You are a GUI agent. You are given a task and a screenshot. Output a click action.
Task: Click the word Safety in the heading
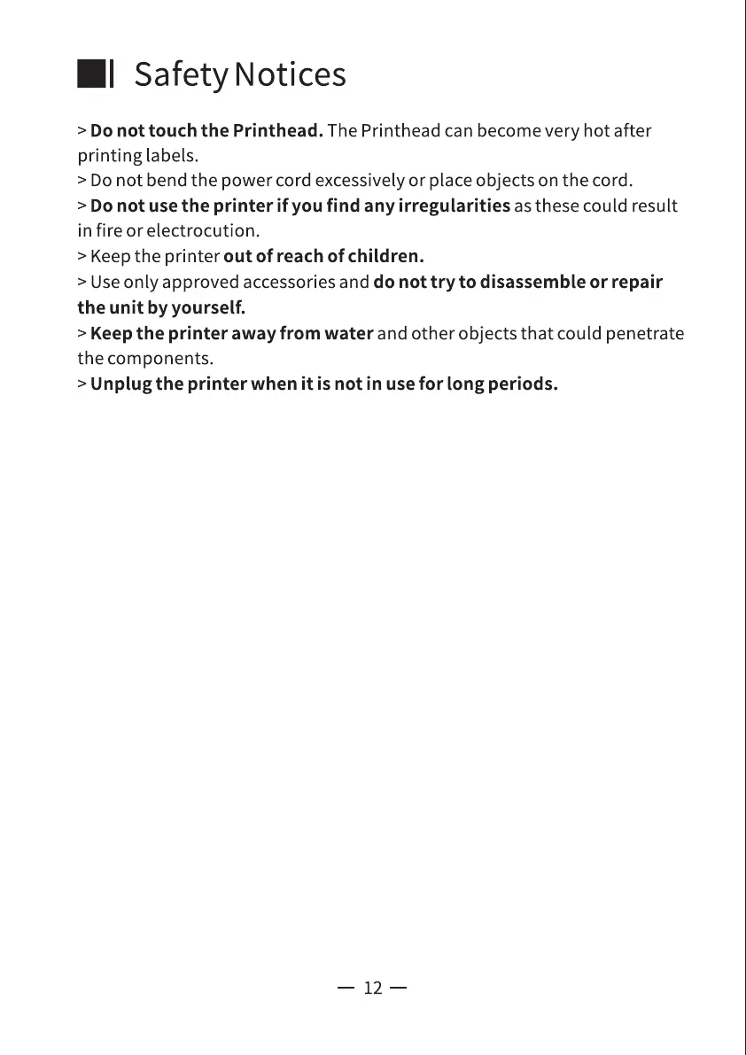(181, 75)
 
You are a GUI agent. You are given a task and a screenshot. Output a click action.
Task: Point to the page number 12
(372, 988)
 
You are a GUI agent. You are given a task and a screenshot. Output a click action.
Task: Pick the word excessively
(360, 182)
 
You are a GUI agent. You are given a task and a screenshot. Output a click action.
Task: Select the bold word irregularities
(454, 206)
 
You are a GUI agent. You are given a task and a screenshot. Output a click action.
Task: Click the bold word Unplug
(120, 385)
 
